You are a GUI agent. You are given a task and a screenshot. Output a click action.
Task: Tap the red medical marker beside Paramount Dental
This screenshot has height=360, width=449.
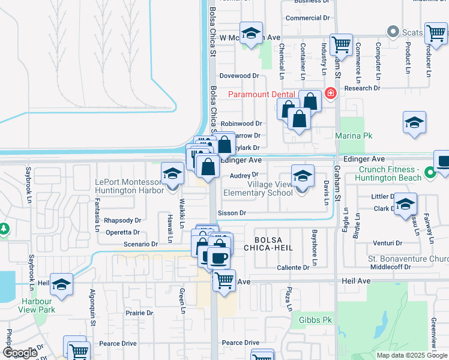[x=330, y=94]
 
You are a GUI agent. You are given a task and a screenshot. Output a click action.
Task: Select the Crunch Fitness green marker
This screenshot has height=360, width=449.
[x=430, y=174]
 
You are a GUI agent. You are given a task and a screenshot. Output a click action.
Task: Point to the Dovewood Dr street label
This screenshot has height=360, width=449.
[x=238, y=76]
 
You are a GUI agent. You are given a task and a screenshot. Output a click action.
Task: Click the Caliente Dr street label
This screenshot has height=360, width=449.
[x=294, y=268]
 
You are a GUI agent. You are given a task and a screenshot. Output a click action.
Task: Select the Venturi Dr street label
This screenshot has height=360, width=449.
[x=387, y=243]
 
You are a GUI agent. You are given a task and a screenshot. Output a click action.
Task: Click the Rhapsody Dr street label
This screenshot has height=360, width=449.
[x=122, y=220]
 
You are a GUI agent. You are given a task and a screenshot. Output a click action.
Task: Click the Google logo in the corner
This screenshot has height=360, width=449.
[x=20, y=353]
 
